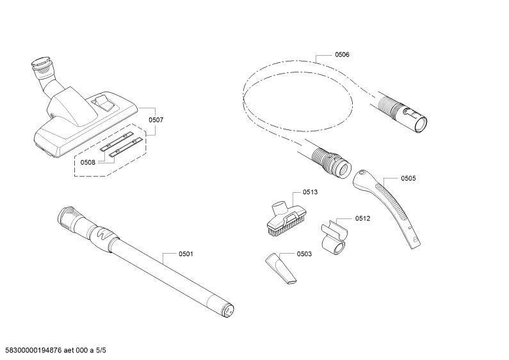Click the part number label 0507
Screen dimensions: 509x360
(x=156, y=120)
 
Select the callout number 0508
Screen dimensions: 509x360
(x=88, y=163)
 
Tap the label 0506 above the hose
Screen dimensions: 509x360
(x=342, y=54)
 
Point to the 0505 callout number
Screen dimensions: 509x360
(x=408, y=178)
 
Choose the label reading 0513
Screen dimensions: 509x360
(x=310, y=192)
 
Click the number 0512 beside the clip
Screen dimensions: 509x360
(x=362, y=218)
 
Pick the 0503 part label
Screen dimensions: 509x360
(x=304, y=254)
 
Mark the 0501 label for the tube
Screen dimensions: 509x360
(x=186, y=254)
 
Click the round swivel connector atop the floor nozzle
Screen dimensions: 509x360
(x=42, y=64)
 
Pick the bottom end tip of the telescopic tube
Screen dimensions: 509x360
(x=228, y=311)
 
